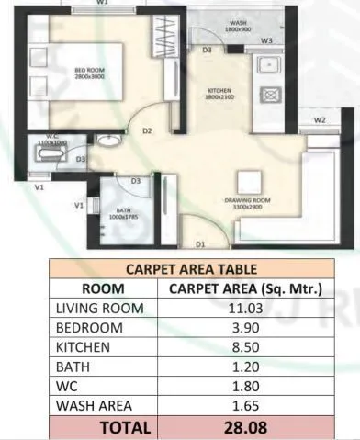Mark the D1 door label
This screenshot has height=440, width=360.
point(199,244)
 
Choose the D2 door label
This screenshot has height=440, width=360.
point(147,131)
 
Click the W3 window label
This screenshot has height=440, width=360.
point(266,41)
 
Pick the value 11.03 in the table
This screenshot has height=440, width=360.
point(244,309)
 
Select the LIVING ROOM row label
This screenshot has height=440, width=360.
point(99,309)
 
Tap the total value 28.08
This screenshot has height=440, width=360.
point(244,426)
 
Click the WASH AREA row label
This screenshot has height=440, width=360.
point(94,404)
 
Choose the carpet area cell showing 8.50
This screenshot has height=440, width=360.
point(244,347)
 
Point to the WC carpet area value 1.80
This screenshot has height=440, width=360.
point(244,386)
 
